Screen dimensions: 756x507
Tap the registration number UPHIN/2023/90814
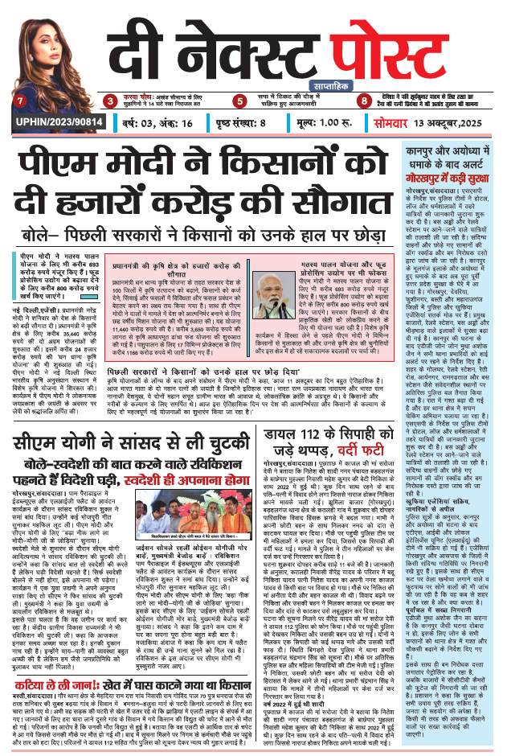pyautogui.click(x=50, y=123)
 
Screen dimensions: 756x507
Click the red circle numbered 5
pyautogui.click(x=239, y=101)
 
